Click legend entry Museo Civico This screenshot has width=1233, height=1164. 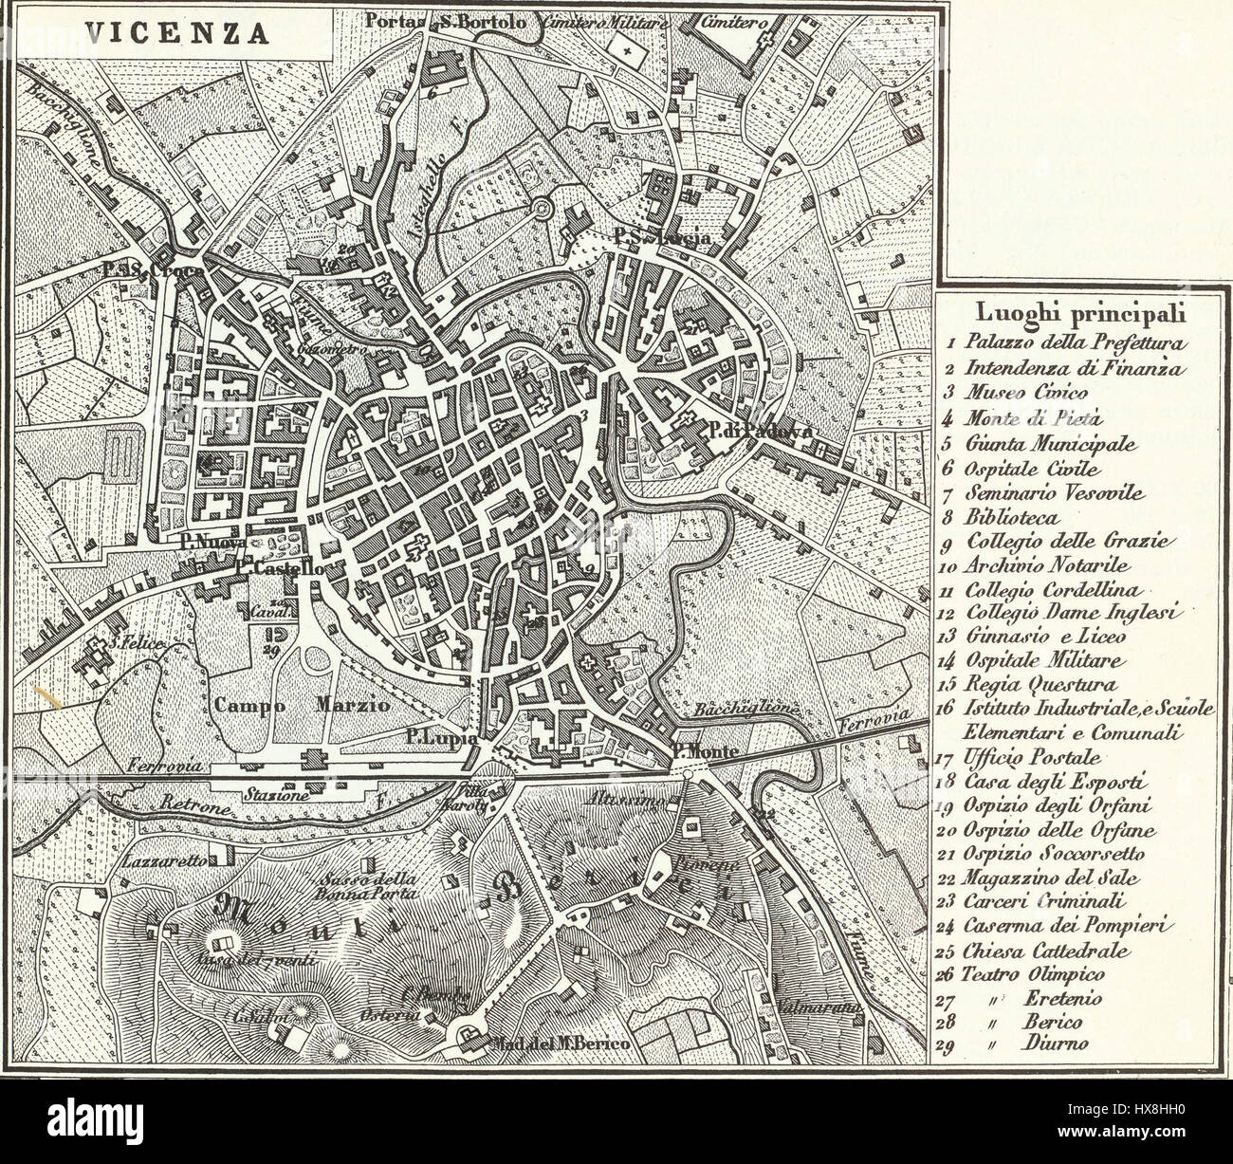(1013, 392)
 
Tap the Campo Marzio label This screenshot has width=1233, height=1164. (294, 706)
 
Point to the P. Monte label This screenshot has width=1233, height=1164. (703, 751)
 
